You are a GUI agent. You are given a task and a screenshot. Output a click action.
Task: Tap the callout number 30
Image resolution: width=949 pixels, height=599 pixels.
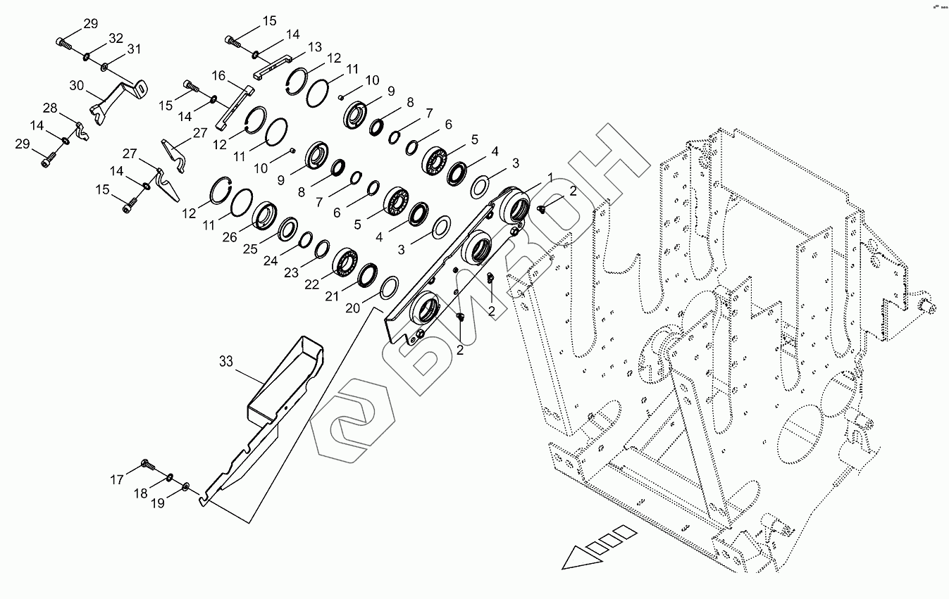tap(77, 86)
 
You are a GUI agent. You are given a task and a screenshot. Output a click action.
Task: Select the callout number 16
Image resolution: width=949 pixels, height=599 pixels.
tap(218, 75)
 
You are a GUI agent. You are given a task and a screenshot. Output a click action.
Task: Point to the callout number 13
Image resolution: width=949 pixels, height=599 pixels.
tap(314, 47)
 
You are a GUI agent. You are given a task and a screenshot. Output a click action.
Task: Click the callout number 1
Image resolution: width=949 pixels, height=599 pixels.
tap(550, 176)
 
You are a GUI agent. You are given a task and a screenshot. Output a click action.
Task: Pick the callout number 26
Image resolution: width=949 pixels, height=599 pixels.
tap(230, 238)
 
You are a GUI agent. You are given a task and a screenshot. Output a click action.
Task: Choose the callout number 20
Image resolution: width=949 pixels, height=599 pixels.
tap(352, 309)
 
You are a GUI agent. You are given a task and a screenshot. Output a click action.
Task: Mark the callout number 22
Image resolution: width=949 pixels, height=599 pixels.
tap(311, 285)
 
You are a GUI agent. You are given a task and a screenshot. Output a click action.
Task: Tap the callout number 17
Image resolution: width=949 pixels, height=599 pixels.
tap(116, 480)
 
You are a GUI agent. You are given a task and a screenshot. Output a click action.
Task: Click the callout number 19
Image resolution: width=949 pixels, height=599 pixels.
tap(158, 503)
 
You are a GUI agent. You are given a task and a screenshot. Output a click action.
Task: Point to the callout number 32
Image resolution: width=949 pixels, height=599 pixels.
tap(116, 38)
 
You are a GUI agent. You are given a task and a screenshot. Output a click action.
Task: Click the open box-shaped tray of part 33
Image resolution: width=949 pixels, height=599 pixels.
tap(285, 380)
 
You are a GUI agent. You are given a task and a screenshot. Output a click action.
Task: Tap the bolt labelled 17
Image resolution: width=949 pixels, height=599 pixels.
tap(149, 465)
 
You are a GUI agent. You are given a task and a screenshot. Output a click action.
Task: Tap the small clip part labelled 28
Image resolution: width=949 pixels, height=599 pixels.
tap(82, 131)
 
